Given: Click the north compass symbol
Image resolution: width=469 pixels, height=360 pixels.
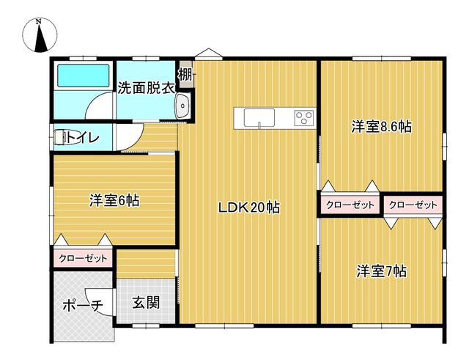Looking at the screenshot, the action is pyautogui.click(x=40, y=36).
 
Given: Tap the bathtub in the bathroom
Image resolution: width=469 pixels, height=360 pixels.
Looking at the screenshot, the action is pyautogui.click(x=83, y=76).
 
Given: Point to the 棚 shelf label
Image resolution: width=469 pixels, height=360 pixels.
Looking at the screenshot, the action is pyautogui.click(x=185, y=75).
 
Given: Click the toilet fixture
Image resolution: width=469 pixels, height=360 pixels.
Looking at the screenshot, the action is pyautogui.click(x=61, y=137).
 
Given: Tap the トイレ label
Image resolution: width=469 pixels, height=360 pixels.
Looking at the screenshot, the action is pyautogui.click(x=83, y=137).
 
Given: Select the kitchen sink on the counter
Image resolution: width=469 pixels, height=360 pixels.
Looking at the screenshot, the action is pyautogui.click(x=259, y=117).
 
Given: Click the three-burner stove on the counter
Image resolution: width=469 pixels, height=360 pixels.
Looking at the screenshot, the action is pyautogui.click(x=304, y=117).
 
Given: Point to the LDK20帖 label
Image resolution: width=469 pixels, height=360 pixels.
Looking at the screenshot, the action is pyautogui.click(x=249, y=207).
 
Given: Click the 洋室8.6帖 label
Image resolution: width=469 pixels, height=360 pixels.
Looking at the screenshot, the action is pyautogui.click(x=381, y=127).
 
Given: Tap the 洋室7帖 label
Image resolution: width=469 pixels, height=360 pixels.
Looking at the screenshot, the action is pyautogui.click(x=381, y=271).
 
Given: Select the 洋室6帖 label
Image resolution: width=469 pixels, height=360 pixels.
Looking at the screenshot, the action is pyautogui.click(x=114, y=200).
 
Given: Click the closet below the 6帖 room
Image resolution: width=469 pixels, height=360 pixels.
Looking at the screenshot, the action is pyautogui.click(x=83, y=257).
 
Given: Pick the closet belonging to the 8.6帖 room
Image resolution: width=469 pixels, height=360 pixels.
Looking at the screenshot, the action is pyautogui.click(x=350, y=205).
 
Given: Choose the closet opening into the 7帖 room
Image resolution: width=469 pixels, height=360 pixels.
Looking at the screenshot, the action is pyautogui.click(x=413, y=205).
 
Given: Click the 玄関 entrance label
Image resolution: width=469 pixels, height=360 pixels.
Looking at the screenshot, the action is pyautogui.click(x=146, y=302).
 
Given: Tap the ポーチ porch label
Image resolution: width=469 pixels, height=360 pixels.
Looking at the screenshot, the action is pyautogui.click(x=83, y=305).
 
